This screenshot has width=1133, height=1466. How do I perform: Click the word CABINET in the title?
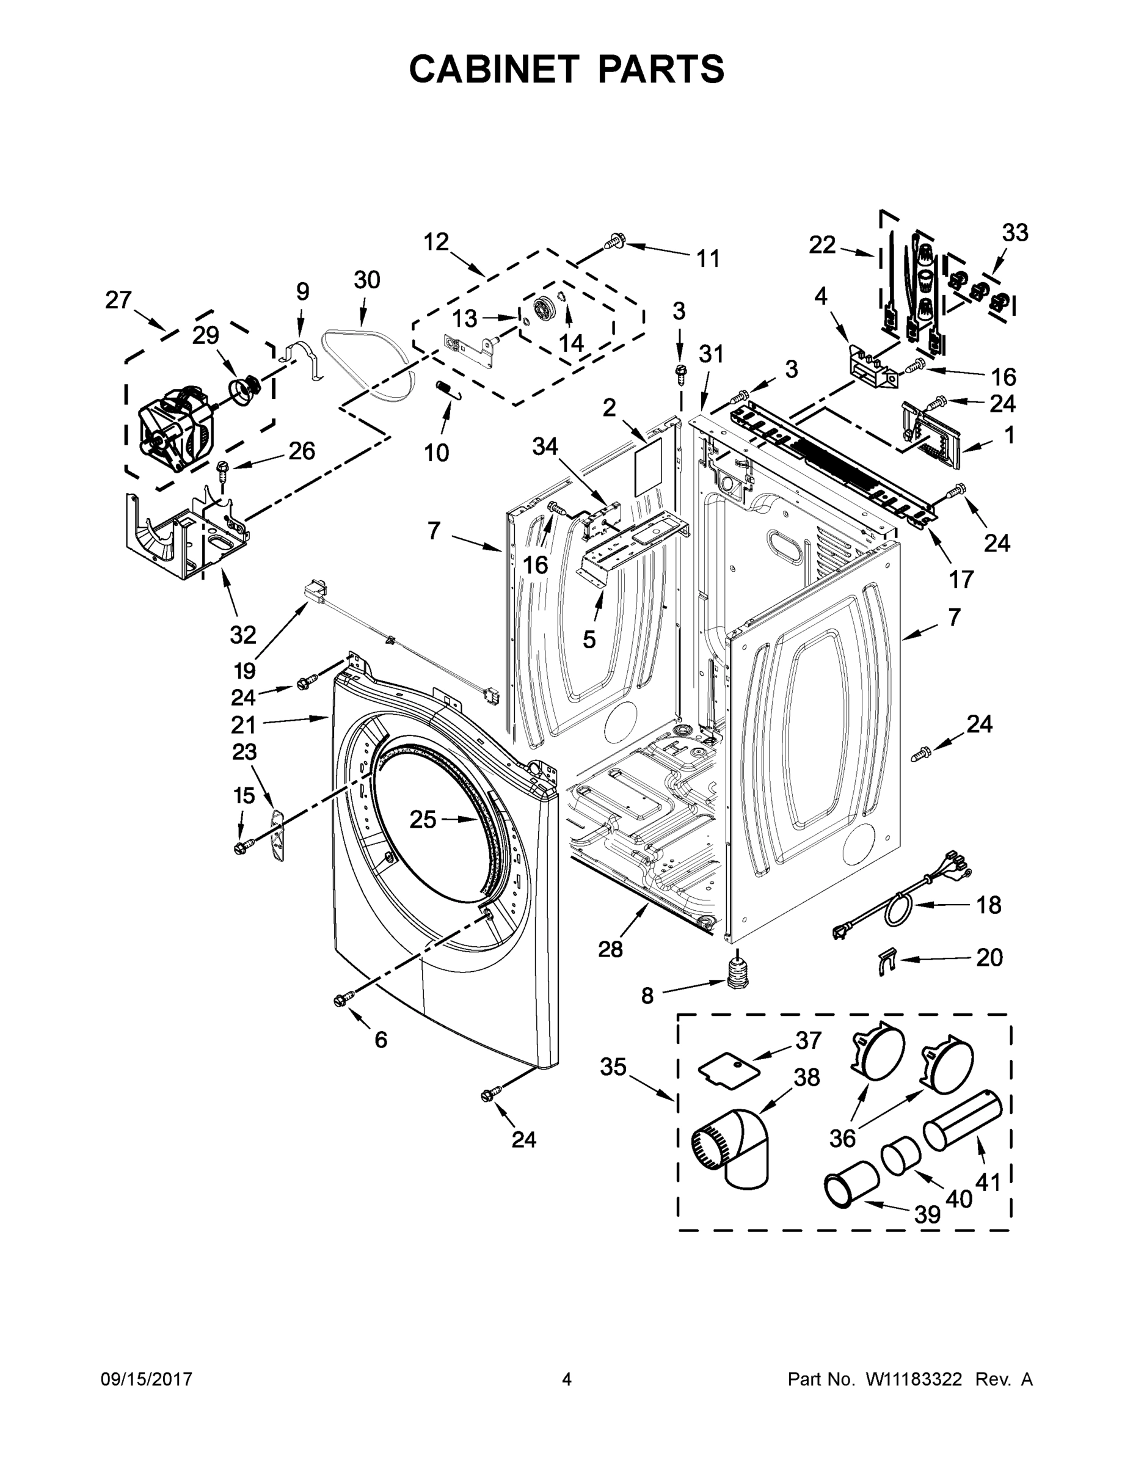494,69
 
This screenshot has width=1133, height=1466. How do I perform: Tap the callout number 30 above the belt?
366,280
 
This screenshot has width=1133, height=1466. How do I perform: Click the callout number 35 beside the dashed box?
612,1067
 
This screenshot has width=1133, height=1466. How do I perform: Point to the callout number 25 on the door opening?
422,819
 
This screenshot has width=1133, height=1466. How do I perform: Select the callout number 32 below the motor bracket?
243,634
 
